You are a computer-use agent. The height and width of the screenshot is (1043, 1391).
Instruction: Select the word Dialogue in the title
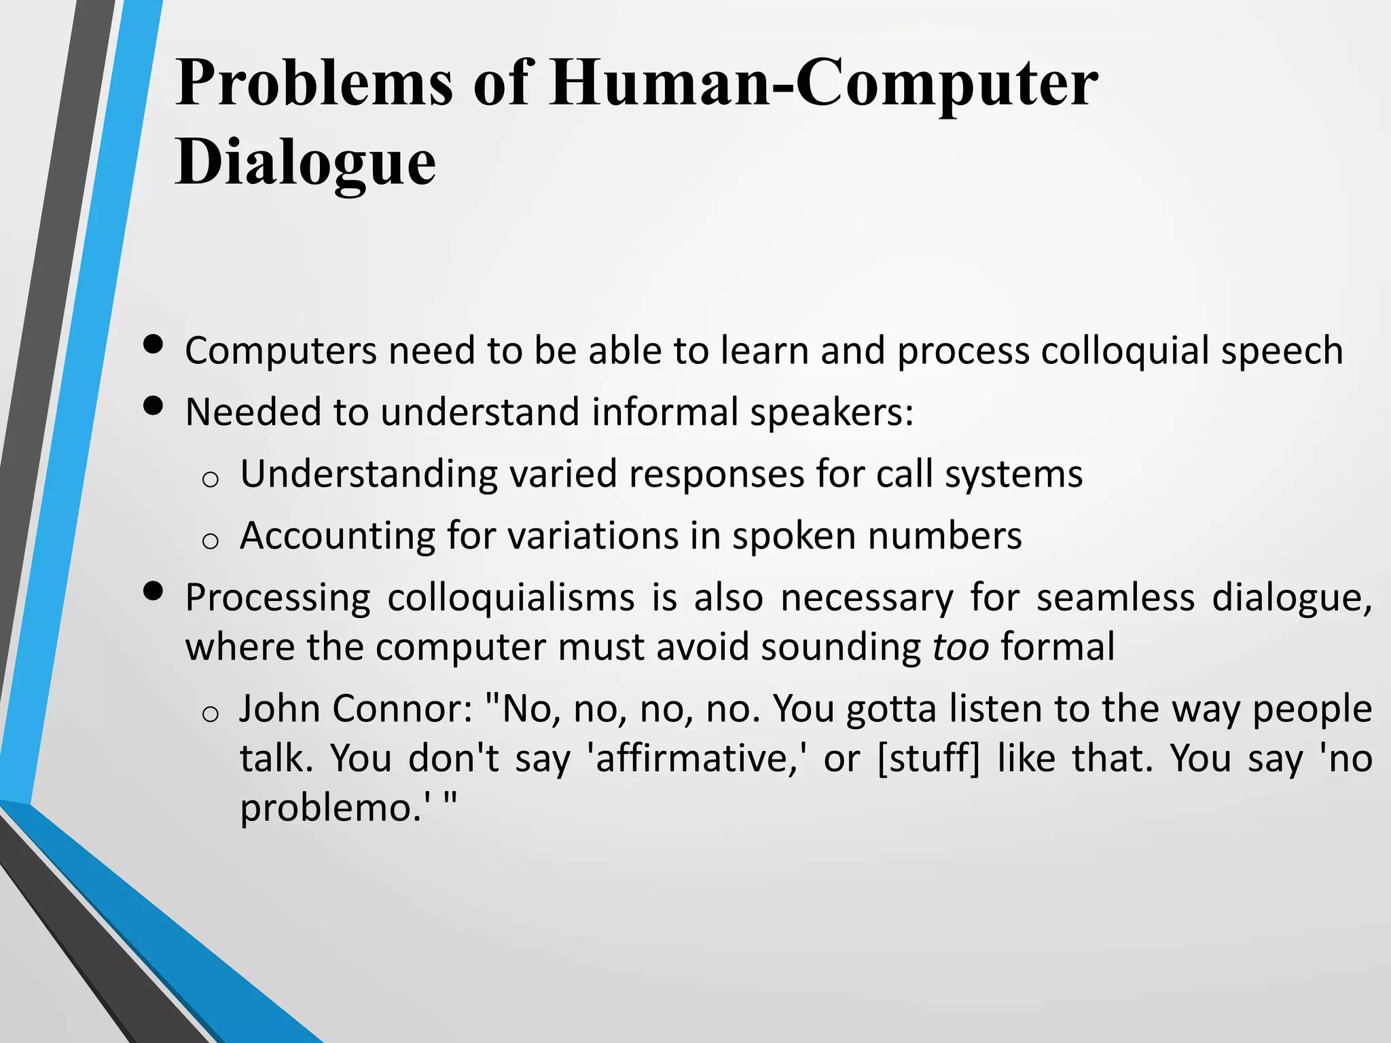306,162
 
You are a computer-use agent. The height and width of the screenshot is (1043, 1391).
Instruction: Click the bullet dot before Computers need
154,344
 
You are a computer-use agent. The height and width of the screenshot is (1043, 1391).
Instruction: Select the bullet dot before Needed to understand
154,405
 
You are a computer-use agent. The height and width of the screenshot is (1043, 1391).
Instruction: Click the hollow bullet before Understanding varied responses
210,479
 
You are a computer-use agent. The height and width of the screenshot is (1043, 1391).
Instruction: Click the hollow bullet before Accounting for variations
210,541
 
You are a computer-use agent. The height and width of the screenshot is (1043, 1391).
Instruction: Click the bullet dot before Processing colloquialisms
154,591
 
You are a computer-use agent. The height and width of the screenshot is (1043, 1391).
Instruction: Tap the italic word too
960,646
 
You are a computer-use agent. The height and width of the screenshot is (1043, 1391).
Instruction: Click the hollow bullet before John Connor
210,714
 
